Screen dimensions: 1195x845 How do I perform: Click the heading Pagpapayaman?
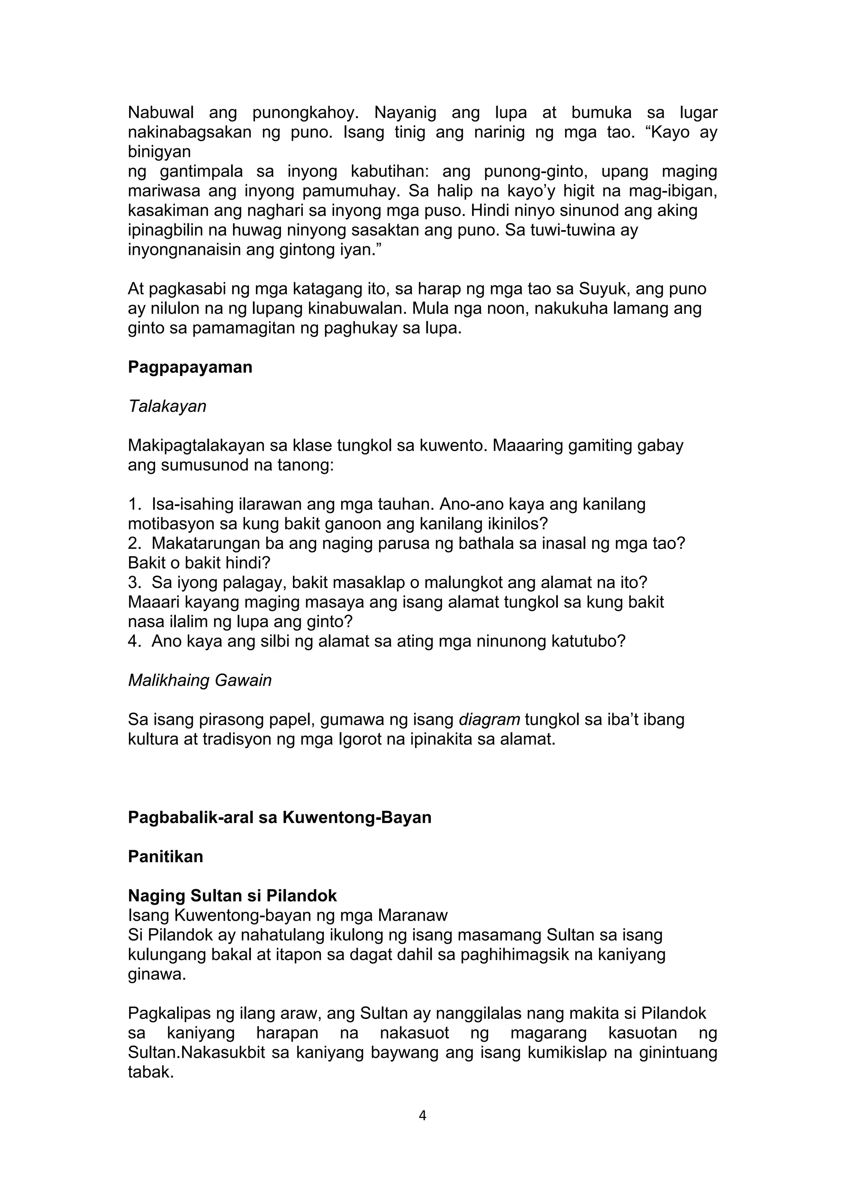coord(190,367)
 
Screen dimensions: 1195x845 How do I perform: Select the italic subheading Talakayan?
coord(167,406)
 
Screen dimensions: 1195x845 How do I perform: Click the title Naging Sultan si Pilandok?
coord(232,896)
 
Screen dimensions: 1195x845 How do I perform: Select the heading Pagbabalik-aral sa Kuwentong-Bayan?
coord(280,818)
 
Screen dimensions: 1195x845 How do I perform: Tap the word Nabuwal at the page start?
coord(161,113)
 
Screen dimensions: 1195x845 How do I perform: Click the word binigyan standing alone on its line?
coord(159,152)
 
